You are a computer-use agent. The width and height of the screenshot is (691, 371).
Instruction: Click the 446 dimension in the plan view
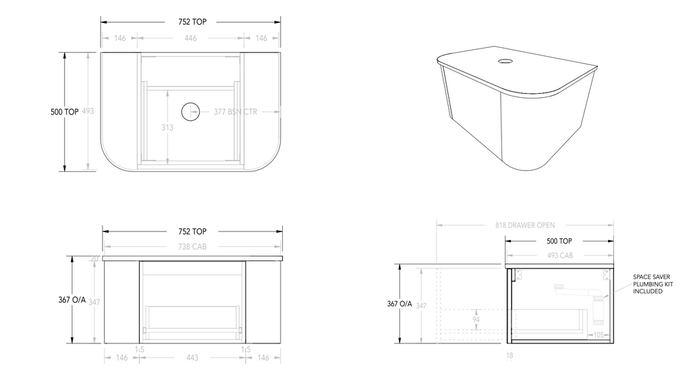click(x=191, y=38)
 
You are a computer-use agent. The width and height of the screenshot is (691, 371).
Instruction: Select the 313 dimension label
click(x=168, y=127)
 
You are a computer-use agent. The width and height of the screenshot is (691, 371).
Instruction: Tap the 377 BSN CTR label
click(x=236, y=111)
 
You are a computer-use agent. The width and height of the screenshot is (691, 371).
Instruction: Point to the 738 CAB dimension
click(x=192, y=248)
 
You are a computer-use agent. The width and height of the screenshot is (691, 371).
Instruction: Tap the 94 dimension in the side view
click(x=476, y=320)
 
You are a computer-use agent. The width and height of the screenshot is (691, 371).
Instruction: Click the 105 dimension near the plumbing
click(x=599, y=335)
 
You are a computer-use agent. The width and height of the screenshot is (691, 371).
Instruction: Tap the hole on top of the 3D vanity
click(x=504, y=63)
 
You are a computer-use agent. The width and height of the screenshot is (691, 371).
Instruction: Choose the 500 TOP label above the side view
click(x=559, y=241)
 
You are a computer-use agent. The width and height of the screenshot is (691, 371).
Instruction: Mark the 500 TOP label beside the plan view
click(x=64, y=112)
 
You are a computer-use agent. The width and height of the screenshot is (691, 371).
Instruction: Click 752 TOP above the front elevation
click(x=192, y=231)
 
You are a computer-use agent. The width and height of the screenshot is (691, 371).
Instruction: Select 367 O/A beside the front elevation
click(x=72, y=301)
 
